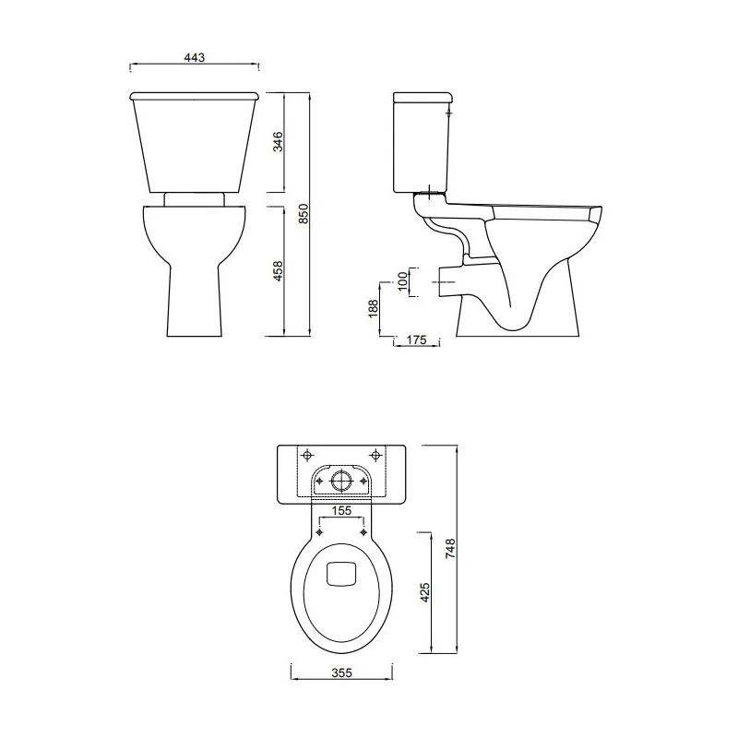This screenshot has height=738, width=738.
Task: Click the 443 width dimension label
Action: coord(194,57)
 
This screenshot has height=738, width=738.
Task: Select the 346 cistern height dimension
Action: coord(278,141)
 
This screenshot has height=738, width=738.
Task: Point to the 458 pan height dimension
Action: coord(278,270)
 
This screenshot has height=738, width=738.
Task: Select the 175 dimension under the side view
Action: coord(415,340)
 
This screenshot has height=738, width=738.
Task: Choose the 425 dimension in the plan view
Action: coord(425,590)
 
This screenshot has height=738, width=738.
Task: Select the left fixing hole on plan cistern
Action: coord(307,454)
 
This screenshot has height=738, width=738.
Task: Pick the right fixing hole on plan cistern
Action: coord(376,454)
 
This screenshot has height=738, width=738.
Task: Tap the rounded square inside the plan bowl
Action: coord(342,574)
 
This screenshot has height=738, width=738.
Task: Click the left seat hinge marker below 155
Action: coord(320,532)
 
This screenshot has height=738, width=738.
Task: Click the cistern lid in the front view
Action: coord(194,95)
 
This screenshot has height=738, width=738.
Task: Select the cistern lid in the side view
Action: coord(422,97)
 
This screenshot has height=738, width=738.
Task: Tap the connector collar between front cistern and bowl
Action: coord(194,198)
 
